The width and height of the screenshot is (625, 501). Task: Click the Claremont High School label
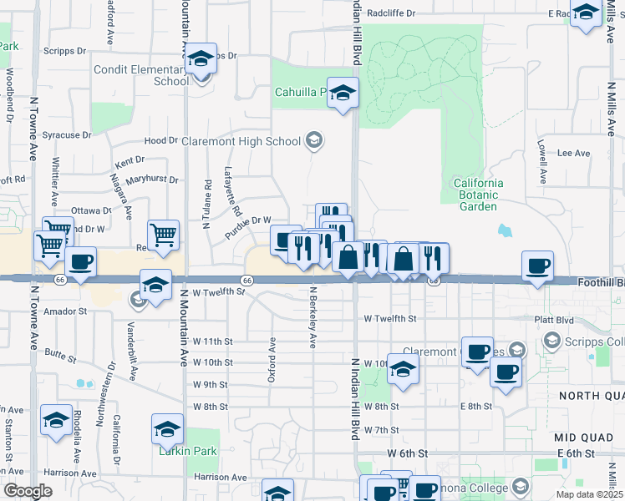click(x=241, y=141)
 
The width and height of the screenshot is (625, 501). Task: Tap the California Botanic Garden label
click(x=478, y=195)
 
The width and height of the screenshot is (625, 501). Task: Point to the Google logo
click(x=28, y=491)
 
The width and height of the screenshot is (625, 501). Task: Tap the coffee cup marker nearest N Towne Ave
click(x=80, y=262)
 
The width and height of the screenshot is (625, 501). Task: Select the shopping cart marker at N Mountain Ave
click(x=163, y=235)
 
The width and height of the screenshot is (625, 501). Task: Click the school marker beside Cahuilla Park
click(x=343, y=94)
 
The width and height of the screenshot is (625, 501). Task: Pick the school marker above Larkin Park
click(x=167, y=429)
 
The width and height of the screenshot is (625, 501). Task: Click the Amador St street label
click(x=66, y=311)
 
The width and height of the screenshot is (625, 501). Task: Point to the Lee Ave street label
click(x=573, y=154)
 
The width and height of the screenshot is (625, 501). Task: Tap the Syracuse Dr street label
click(x=67, y=134)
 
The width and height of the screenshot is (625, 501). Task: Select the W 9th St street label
click(x=210, y=385)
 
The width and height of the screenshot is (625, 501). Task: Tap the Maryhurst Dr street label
click(x=152, y=180)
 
